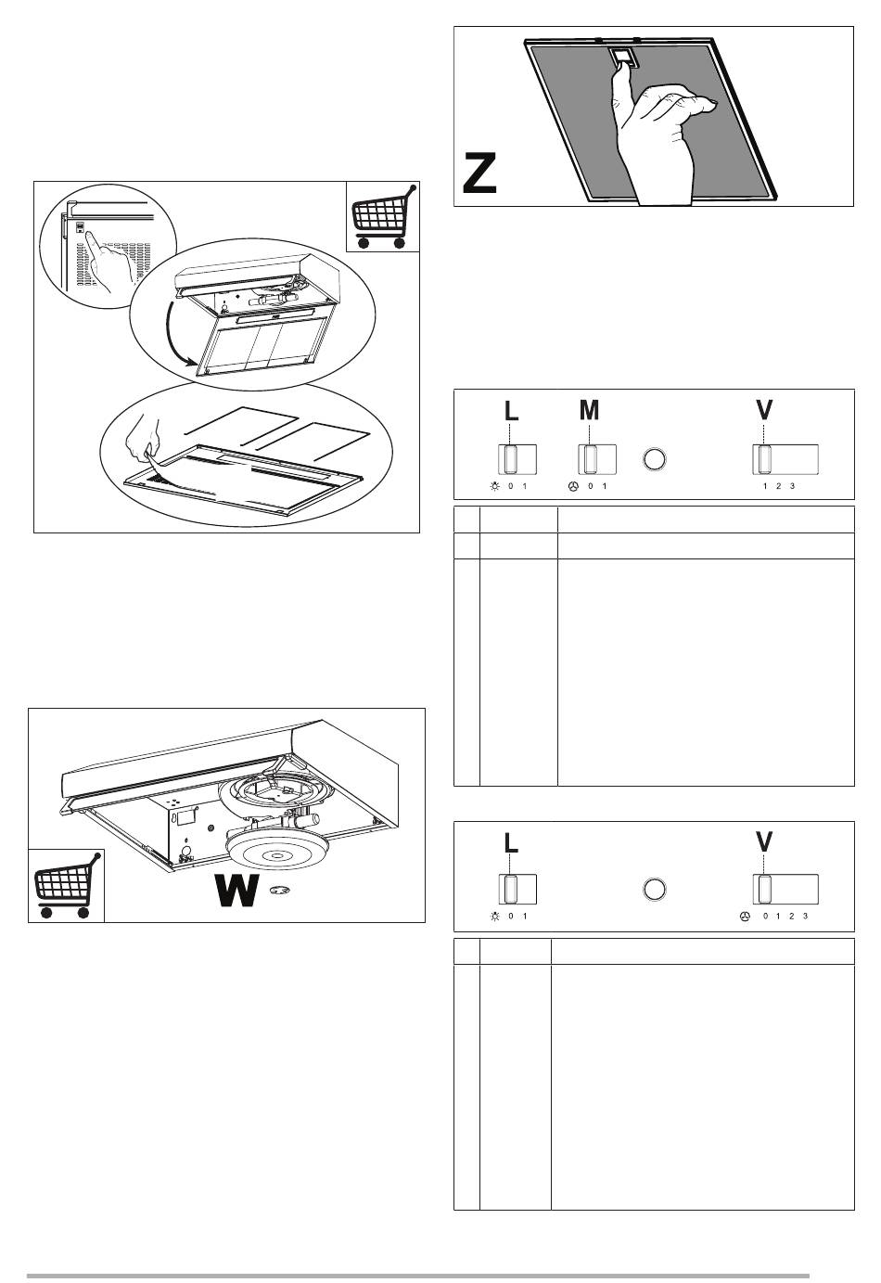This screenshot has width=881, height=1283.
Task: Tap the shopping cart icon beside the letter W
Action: pos(65,886)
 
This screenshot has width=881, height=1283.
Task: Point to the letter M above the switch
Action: pos(589,410)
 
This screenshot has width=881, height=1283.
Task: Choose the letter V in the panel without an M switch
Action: pos(764,841)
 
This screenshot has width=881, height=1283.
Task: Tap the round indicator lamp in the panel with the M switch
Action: pos(655,459)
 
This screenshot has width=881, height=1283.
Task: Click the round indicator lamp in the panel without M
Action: pos(655,889)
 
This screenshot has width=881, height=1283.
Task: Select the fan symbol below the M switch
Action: pos(573,486)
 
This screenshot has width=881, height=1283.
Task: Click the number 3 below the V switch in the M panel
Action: pos(793,486)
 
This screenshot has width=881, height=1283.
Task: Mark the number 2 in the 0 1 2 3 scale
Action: pos(791,916)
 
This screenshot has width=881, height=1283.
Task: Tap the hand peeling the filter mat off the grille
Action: pos(145,443)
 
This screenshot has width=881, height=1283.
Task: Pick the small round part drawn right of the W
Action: pos(278,891)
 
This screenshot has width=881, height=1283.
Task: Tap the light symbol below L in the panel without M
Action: pos(495,916)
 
